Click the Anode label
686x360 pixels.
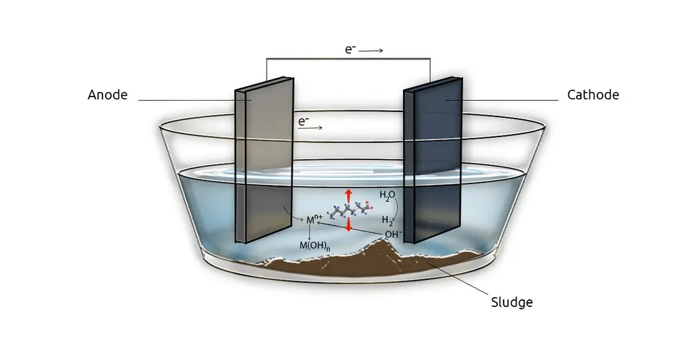tap(107, 95)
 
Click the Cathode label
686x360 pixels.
tap(592, 95)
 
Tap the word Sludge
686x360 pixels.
tap(512, 302)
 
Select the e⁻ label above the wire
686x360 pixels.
tap(350, 50)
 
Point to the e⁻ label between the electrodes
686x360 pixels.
tap(303, 122)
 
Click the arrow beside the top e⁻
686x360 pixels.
tap(372, 51)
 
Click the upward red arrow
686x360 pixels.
tap(349, 196)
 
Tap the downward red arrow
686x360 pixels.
tap(349, 224)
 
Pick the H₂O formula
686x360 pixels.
tap(387, 195)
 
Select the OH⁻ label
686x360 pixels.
tap(393, 234)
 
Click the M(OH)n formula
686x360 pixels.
tap(314, 246)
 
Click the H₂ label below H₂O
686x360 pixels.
tap(387, 220)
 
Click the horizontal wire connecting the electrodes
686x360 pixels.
tap(349, 59)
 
